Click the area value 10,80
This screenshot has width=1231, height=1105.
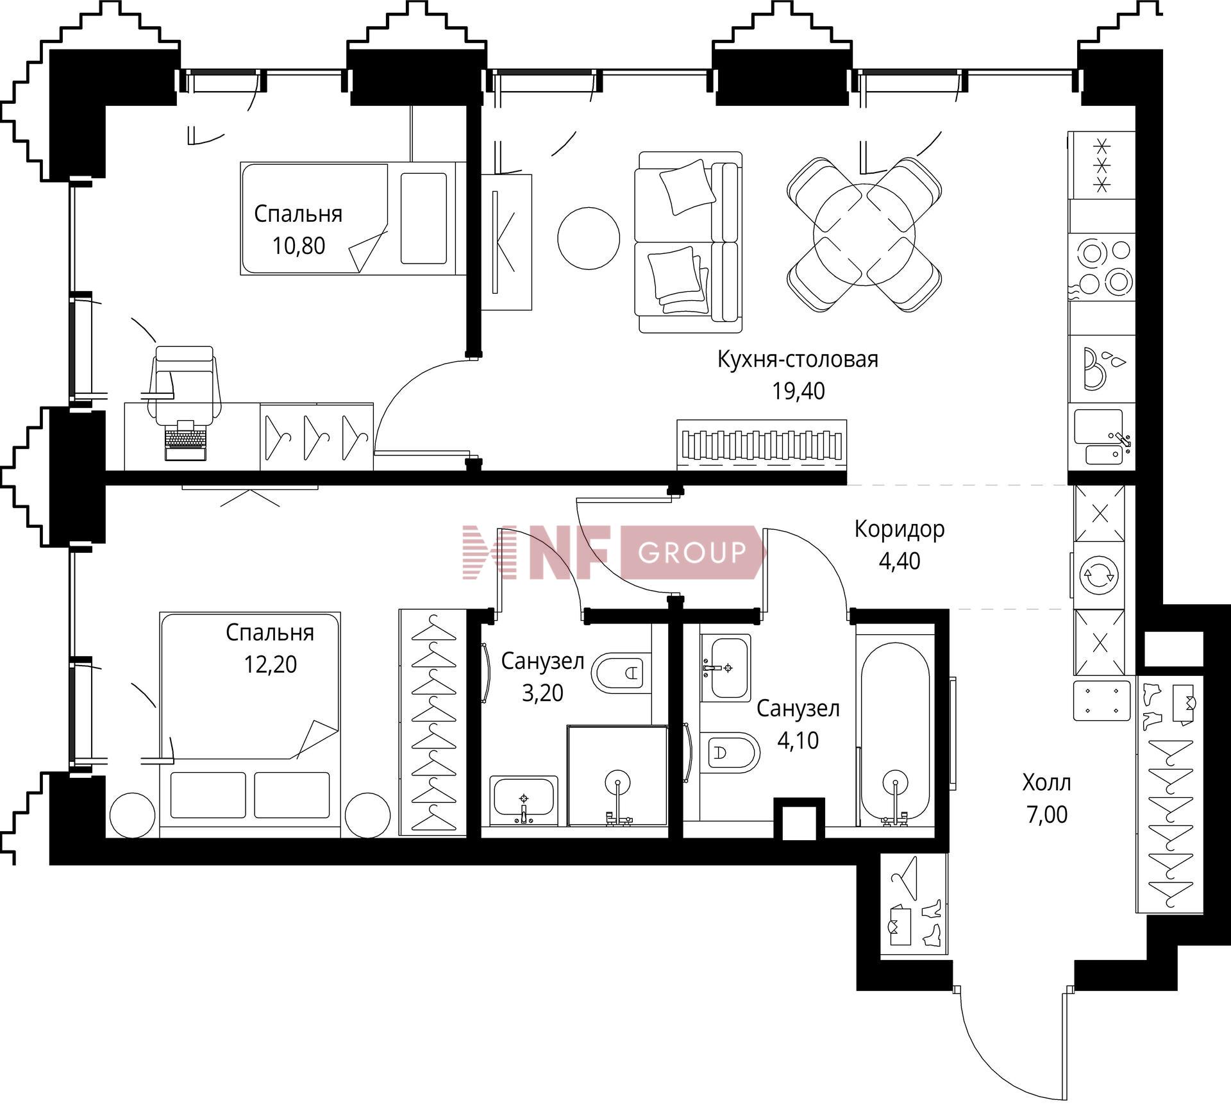coord(299,246)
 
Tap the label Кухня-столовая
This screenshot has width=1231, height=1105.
coord(798,359)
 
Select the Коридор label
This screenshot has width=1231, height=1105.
coord(900,529)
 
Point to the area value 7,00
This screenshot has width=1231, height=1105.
coord(1047,814)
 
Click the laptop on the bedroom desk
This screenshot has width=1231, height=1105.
coord(185,440)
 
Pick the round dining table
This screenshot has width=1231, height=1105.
coord(864,235)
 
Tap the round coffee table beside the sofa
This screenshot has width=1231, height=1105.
coord(589,238)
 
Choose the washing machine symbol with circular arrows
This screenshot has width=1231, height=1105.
coord(1099,575)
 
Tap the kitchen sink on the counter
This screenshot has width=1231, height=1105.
coord(1101,437)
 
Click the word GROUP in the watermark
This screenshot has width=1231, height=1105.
coord(692,552)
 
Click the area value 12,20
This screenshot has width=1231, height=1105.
coord(270,664)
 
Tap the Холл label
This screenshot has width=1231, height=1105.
coord(1047,782)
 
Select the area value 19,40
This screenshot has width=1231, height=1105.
coord(798,391)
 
